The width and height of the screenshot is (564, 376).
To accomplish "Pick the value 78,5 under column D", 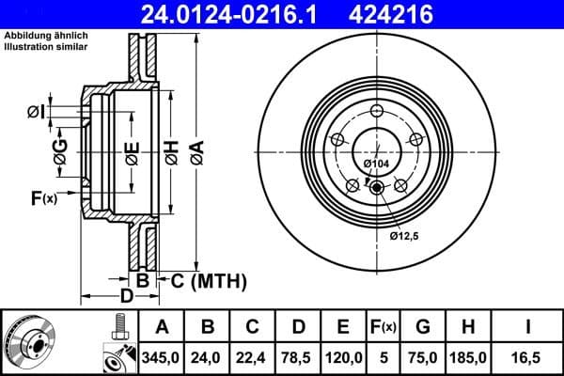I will [x=299, y=357].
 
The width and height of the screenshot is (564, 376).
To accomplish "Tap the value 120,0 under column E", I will [x=343, y=357].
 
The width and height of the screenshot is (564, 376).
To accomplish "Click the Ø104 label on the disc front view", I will [x=376, y=164].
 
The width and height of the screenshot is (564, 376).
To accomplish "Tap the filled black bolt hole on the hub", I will [x=377, y=188].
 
